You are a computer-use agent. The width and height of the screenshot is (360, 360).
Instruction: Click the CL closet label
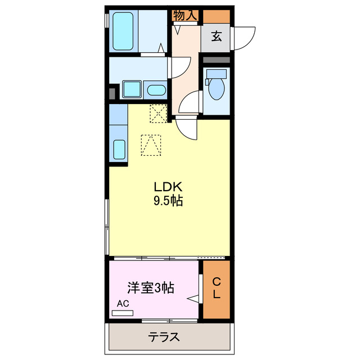tap(217, 289)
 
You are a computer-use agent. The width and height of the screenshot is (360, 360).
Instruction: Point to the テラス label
tap(164, 337)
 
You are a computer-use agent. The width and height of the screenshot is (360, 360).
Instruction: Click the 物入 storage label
tap(185, 16)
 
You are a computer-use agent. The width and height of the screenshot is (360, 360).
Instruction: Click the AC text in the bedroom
tap(123, 304)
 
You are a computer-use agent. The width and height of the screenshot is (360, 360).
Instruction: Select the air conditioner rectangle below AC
tap(123, 312)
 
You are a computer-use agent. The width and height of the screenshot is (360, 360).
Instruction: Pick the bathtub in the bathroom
tap(123, 31)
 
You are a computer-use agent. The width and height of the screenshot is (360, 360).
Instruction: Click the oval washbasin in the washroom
tap(155, 89)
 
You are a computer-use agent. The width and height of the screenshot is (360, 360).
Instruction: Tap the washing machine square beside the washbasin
tap(132, 89)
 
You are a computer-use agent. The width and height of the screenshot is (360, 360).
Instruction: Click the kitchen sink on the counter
tap(119, 150)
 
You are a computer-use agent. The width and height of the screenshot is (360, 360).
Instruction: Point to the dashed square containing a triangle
tap(151, 145)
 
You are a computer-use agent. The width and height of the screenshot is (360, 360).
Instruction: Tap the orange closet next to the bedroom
tap(217, 289)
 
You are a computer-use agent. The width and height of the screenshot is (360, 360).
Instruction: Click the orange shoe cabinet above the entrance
tap(216, 16)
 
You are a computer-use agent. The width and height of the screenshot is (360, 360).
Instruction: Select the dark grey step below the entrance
tap(216, 60)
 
